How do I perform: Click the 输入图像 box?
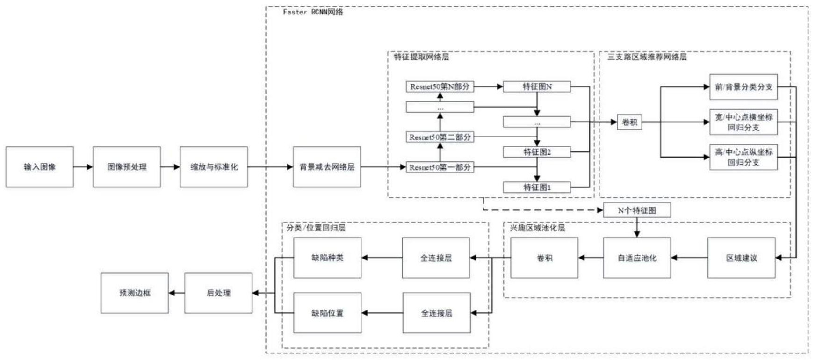(x=40, y=167)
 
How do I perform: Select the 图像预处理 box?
(x=127, y=167)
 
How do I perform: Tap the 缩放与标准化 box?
(x=214, y=167)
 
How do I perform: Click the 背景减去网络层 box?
(x=327, y=167)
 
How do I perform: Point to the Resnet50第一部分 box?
(x=440, y=167)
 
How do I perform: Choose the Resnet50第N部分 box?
(x=440, y=86)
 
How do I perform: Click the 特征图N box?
(x=537, y=86)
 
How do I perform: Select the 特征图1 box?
(x=537, y=187)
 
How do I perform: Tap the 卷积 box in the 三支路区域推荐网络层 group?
(x=629, y=122)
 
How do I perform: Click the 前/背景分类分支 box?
(x=743, y=87)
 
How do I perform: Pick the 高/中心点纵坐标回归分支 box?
(x=743, y=157)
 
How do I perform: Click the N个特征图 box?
(x=637, y=210)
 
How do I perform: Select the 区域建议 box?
(x=742, y=258)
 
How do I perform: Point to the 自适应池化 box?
(x=637, y=258)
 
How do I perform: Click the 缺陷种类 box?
(x=327, y=258)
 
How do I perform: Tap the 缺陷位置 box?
(x=327, y=313)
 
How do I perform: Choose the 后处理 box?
(x=218, y=293)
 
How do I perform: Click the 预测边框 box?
(x=135, y=293)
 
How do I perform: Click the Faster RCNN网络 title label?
(x=313, y=12)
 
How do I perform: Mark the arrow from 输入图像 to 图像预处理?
(x=83, y=167)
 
